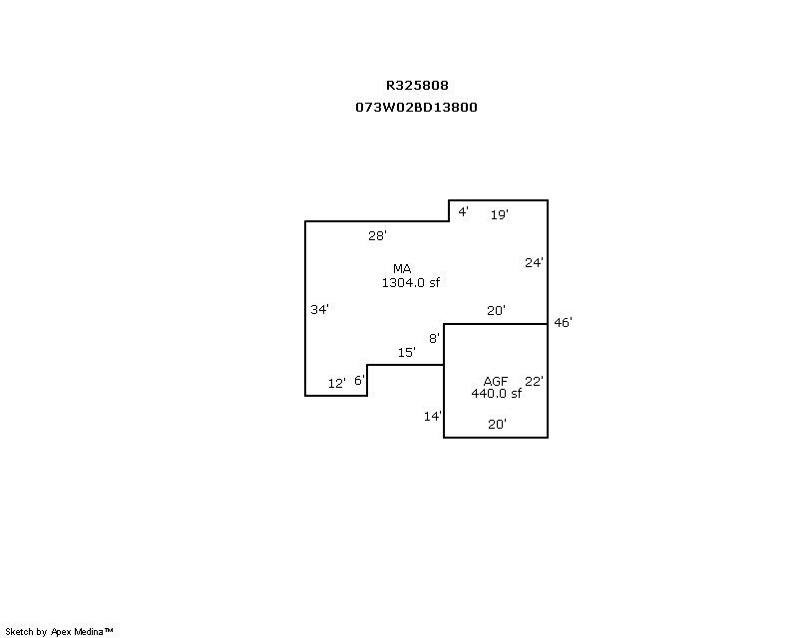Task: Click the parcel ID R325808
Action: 417,85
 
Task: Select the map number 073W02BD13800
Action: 416,107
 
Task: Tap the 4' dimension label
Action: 463,211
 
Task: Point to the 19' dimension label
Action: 500,214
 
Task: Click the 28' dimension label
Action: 377,235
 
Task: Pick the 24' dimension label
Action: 534,262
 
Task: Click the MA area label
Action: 402,268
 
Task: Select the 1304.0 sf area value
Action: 411,282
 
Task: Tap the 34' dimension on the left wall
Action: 319,309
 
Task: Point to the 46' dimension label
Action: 563,323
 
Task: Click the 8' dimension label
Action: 434,338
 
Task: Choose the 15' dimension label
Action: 407,352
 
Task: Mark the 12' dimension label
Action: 337,383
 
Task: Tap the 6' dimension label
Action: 360,380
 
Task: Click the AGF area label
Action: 495,381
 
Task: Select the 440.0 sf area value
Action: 496,394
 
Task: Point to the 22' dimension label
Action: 534,381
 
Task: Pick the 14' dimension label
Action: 433,416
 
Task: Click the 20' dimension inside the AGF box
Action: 497,424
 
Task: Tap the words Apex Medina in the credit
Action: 77,632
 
